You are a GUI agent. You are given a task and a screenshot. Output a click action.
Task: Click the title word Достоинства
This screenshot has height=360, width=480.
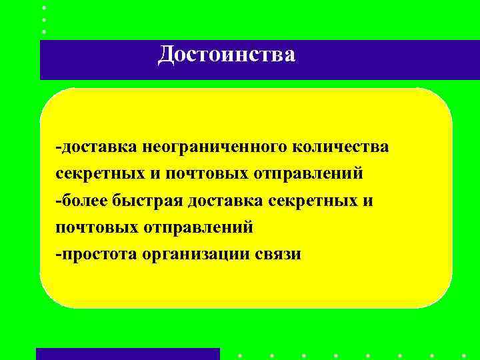click(x=226, y=55)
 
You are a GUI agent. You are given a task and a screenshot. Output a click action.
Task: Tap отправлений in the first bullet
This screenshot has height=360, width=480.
click(x=308, y=173)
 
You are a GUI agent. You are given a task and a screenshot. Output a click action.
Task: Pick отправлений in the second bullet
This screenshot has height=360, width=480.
click(x=198, y=227)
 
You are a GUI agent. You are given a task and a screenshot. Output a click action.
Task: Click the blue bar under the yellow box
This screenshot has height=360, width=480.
click(x=127, y=353)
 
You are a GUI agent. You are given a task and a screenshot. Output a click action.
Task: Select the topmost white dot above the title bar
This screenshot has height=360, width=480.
click(x=44, y=7)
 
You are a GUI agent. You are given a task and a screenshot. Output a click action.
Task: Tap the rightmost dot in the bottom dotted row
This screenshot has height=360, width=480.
click(x=463, y=355)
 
